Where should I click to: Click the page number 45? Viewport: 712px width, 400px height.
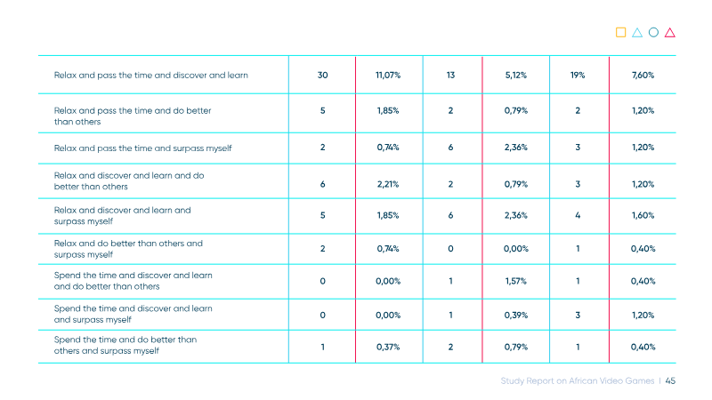(670, 381)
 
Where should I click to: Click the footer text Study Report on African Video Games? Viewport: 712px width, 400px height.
(577, 381)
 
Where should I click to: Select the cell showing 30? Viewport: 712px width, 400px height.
(322, 76)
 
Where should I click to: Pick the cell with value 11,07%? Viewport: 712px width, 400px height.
(388, 76)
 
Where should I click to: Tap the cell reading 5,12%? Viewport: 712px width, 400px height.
(516, 76)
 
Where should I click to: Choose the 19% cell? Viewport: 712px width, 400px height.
(578, 76)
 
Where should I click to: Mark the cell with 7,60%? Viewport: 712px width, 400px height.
(643, 76)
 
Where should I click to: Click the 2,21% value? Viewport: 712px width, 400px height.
(388, 184)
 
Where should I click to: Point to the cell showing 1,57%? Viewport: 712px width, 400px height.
(516, 281)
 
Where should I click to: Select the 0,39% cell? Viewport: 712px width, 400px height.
(516, 316)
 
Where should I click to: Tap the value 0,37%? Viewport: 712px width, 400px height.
(388, 347)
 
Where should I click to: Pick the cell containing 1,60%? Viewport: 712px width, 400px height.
(643, 215)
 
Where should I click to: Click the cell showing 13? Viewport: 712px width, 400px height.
(450, 76)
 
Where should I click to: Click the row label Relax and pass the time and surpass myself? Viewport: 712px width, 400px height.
(142, 148)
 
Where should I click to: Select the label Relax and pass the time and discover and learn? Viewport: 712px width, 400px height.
(150, 76)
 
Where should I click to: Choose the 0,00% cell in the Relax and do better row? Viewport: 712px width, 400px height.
(516, 249)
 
